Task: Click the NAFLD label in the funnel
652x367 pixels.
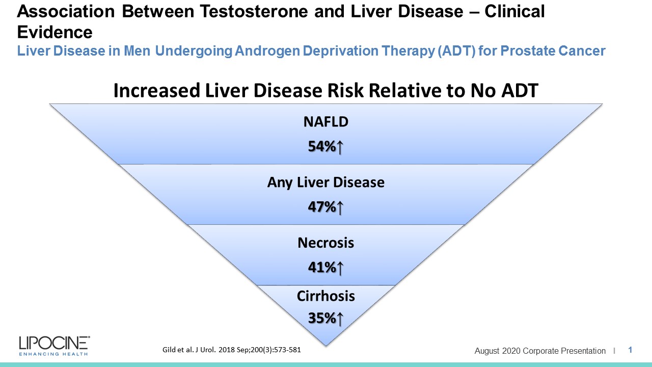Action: (325, 122)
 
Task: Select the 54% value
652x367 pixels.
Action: (322, 147)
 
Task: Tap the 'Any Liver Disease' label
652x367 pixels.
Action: (325, 182)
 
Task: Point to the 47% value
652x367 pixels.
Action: (322, 207)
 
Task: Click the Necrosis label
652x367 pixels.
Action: (325, 243)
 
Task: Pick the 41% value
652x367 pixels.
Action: (322, 267)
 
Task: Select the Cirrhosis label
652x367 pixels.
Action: (325, 296)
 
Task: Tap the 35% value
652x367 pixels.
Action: (322, 318)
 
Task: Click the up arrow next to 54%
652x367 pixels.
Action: (340, 147)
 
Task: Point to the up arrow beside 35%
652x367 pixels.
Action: (340, 319)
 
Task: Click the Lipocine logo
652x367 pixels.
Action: (54, 345)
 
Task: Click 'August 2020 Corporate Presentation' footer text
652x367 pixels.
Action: (540, 351)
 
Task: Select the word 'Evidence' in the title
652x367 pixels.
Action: (55, 32)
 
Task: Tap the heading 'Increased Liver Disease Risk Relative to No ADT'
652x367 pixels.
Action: (325, 91)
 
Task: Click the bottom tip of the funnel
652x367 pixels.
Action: (326, 343)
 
